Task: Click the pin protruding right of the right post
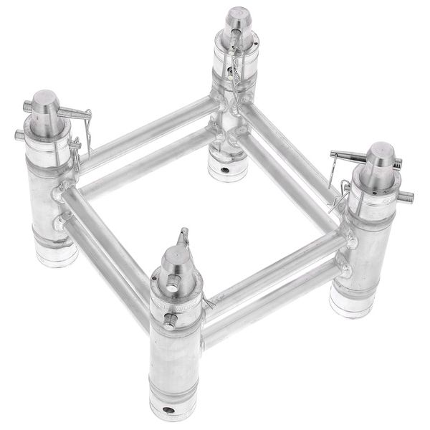coord(406,196)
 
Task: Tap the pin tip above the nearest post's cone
coord(183,234)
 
